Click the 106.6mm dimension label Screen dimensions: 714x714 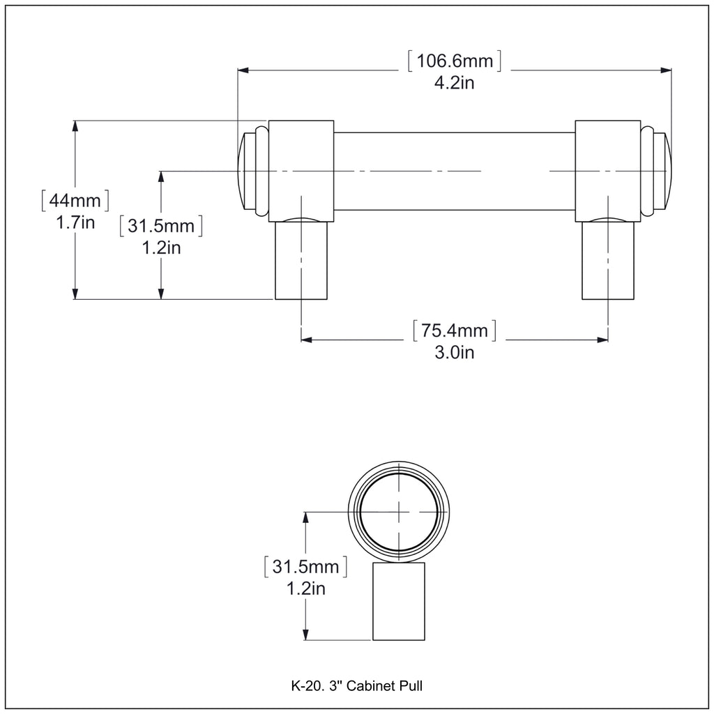coord(455,61)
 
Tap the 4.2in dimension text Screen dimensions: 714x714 coord(454,83)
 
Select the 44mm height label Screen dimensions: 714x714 coord(75,200)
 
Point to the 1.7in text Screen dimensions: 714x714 coord(75,222)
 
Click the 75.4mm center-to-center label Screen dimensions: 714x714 coord(454,330)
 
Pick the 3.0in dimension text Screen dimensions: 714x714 coord(454,352)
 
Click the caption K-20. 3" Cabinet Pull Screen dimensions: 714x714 coord(356,686)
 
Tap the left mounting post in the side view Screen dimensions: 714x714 coord(301,261)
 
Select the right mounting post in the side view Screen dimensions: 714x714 coord(608,261)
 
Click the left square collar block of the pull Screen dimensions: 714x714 coord(301,172)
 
